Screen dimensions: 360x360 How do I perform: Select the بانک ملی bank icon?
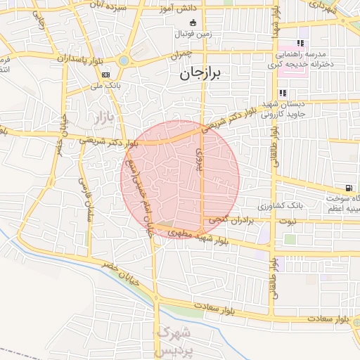105,75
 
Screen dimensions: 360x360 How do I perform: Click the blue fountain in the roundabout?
124,60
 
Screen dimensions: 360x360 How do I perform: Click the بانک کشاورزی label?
281,207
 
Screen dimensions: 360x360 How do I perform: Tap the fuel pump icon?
348,188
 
